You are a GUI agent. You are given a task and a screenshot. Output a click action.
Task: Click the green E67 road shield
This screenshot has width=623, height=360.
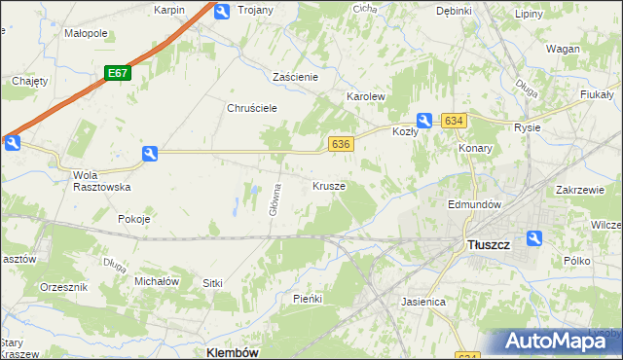click(117, 73)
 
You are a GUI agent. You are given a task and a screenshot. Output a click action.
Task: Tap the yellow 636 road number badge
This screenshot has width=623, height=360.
click(340, 144)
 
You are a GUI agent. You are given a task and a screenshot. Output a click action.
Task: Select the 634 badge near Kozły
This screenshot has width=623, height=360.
click(454, 120)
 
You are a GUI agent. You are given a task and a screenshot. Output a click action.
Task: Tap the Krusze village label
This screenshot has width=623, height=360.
click(328, 185)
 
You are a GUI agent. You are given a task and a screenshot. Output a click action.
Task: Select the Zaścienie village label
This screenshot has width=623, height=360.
click(303, 76)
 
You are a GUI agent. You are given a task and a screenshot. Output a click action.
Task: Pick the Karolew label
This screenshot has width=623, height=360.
click(367, 98)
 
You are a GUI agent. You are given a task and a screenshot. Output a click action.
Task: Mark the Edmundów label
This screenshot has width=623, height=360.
click(473, 205)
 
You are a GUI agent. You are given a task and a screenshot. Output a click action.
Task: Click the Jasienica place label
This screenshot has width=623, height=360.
click(422, 302)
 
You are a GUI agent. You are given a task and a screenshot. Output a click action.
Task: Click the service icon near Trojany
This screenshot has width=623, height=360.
click(222, 11)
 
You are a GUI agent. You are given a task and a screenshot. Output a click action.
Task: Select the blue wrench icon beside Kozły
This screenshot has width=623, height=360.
click(425, 120)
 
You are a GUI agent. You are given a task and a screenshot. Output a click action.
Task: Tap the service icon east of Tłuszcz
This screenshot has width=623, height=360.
click(533, 238)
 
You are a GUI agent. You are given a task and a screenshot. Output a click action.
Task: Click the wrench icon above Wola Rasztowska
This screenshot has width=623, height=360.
click(149, 153)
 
